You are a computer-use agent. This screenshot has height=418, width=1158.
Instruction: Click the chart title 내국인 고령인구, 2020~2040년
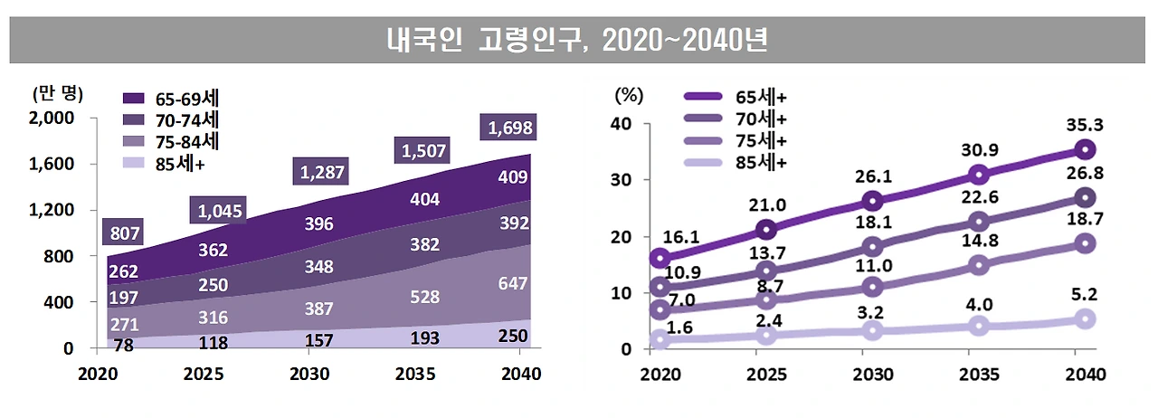point(578,41)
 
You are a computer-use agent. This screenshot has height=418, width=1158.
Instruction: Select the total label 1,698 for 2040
point(510,128)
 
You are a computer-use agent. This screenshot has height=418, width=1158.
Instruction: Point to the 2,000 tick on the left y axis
point(56,118)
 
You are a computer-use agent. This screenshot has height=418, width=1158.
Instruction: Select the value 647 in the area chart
point(511,284)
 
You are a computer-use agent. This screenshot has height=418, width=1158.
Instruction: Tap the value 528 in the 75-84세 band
point(425,297)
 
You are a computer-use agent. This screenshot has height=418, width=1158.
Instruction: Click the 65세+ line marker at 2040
point(1086,149)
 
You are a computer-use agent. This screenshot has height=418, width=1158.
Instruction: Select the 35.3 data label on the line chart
point(1085,124)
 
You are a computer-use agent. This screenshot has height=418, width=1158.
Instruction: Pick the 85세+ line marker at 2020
point(660,339)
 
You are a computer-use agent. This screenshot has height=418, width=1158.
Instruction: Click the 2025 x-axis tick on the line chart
point(766,374)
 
